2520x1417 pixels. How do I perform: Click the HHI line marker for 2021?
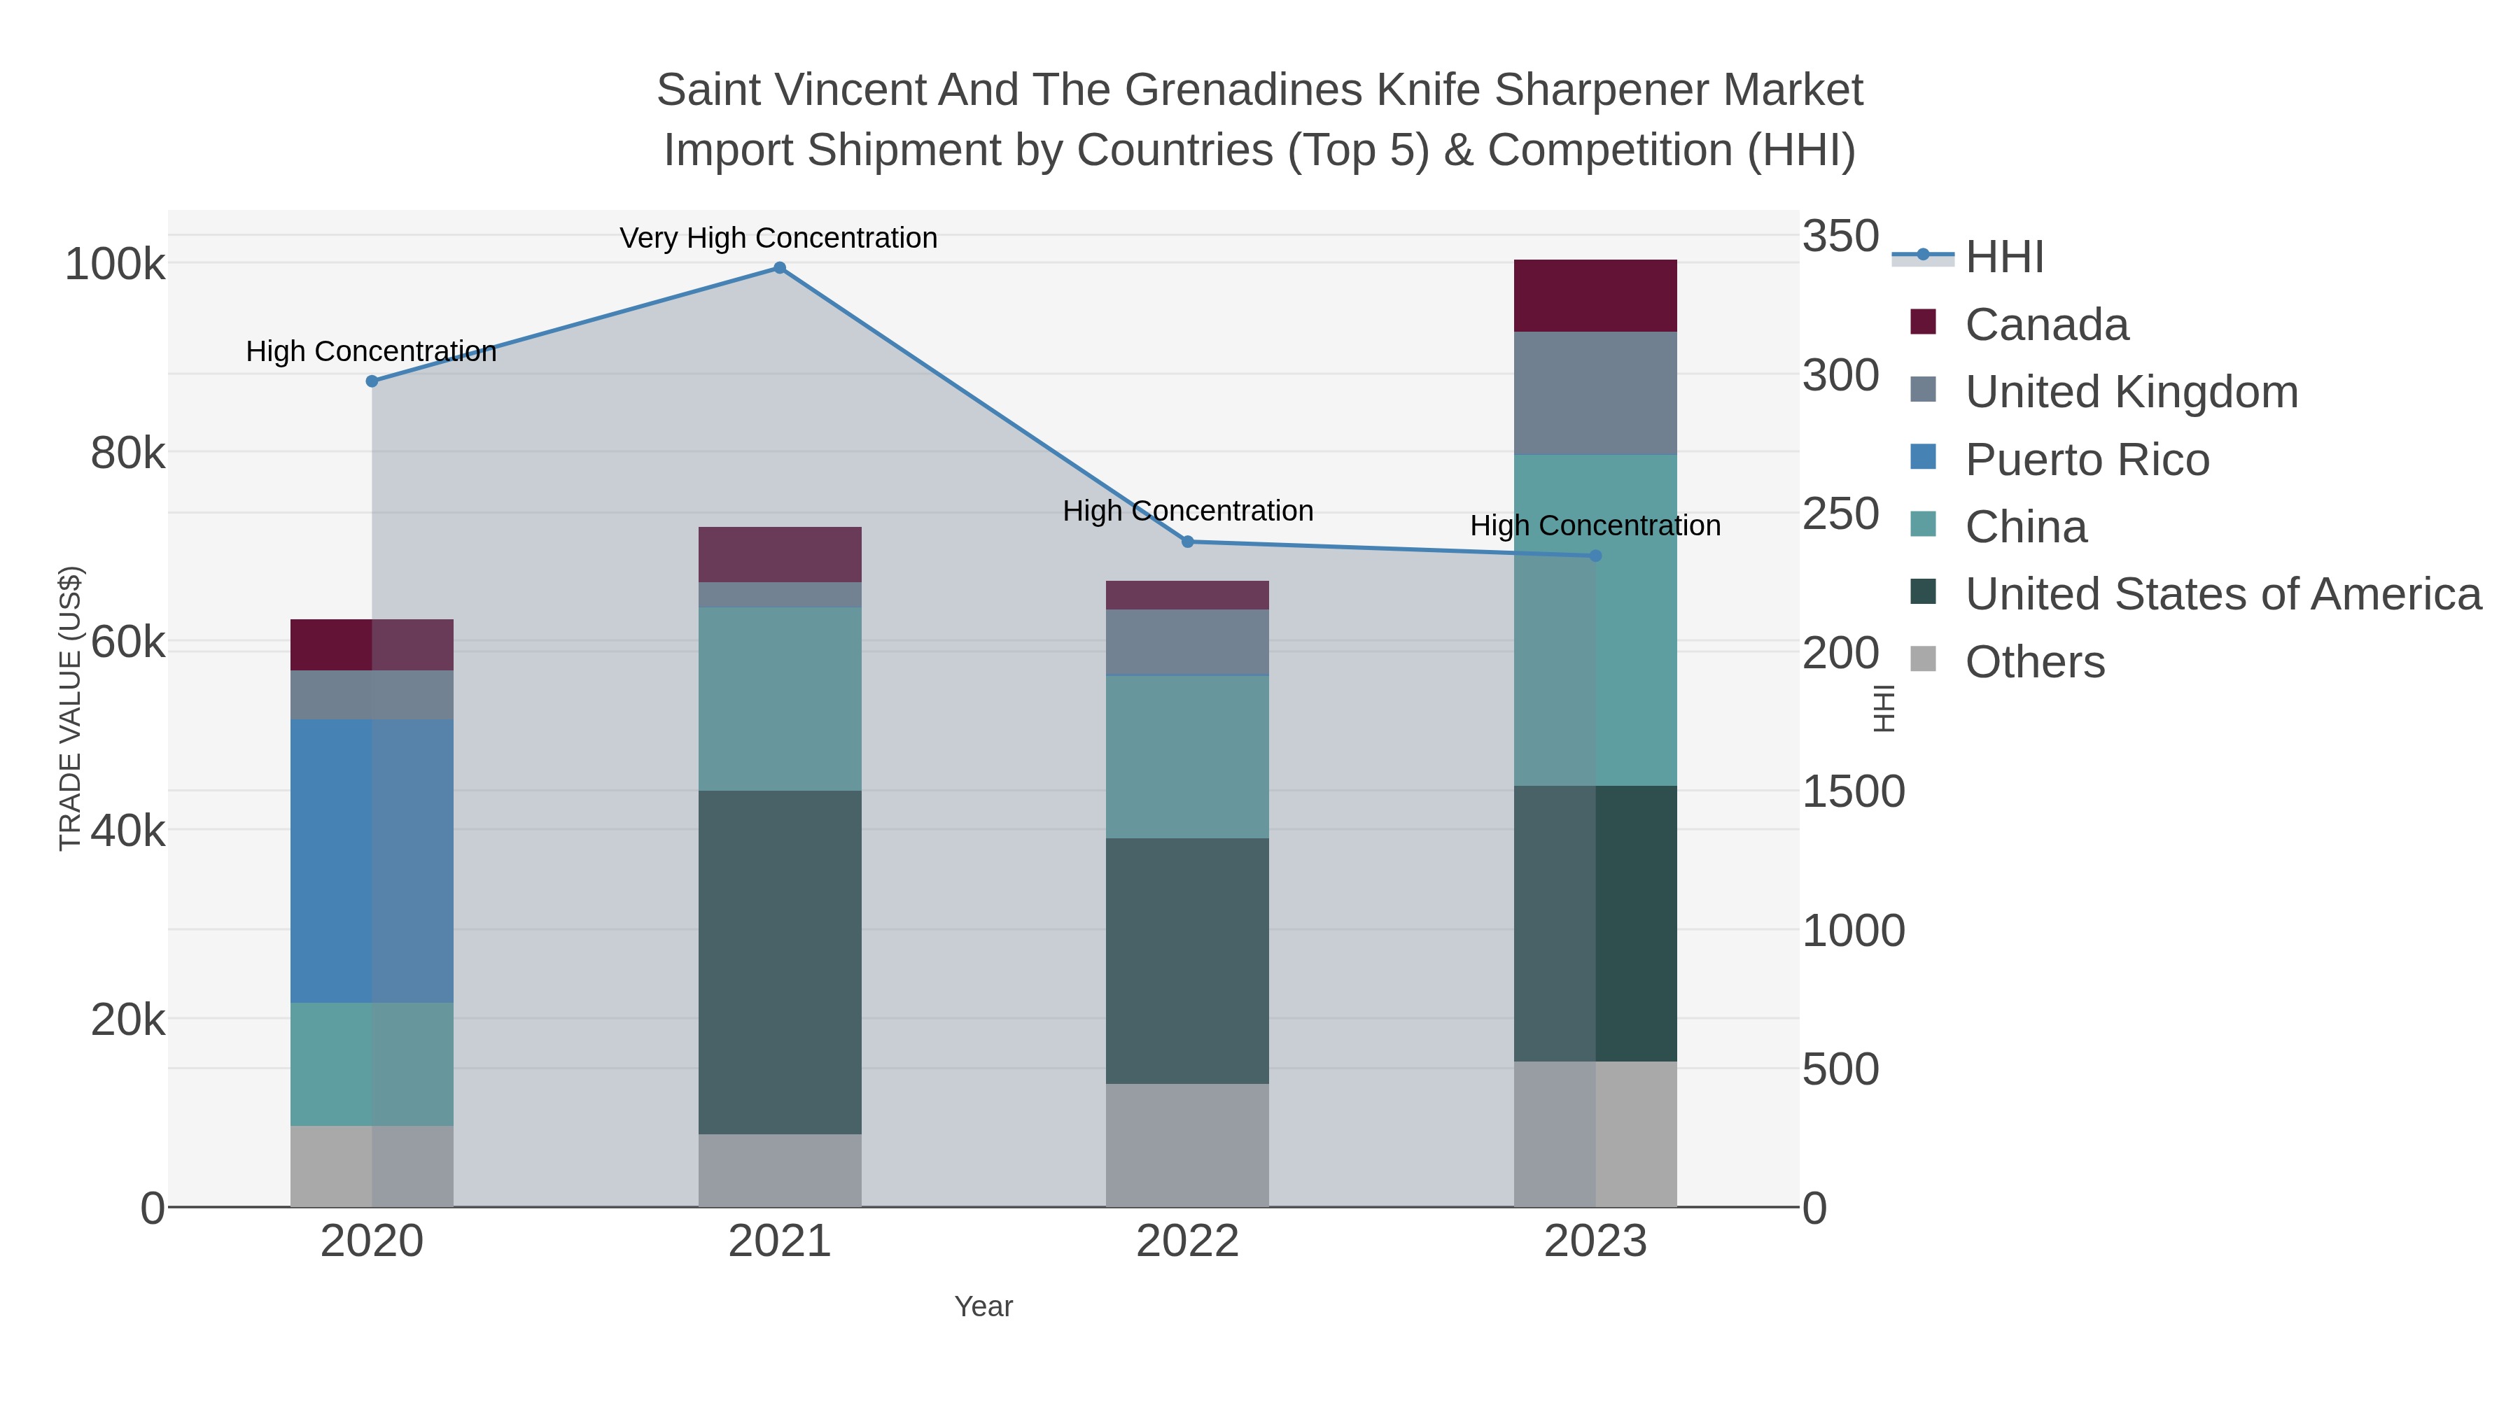780,268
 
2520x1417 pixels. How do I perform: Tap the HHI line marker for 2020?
372,381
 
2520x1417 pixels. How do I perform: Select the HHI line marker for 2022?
1188,542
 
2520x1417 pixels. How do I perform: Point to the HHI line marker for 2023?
1595,556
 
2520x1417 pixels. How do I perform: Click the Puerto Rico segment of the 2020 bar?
372,861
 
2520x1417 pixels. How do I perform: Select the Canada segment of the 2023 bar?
1595,295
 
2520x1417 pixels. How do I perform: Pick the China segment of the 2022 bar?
1188,757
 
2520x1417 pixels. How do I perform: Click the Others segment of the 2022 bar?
1188,1145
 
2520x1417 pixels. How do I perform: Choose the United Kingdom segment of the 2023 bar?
1595,393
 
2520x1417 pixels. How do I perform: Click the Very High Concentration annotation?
778,239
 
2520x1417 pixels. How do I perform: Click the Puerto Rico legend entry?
2087,460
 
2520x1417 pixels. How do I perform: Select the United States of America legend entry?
2222,595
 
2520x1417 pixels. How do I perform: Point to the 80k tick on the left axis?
127,453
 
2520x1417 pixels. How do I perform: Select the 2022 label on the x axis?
1188,1242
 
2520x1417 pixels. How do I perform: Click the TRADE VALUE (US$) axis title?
71,708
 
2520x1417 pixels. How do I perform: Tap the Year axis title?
983,1306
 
